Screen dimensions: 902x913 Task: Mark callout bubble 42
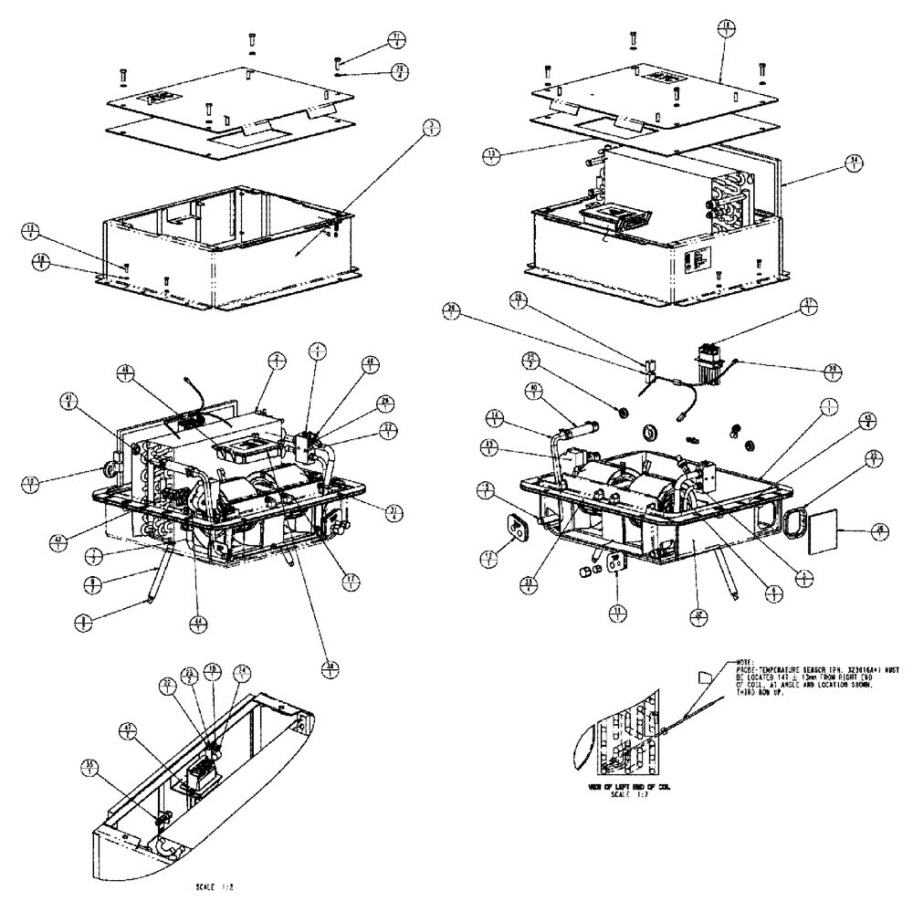coord(59,540)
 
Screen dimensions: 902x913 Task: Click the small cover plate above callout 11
coord(618,565)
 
